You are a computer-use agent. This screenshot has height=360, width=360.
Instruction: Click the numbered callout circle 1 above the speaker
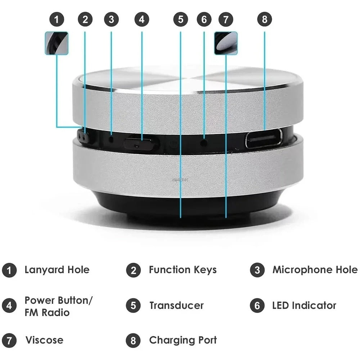(x=57, y=19)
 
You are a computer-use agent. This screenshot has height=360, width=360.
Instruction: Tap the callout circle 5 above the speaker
(x=180, y=19)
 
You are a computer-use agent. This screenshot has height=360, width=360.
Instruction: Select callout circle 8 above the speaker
(x=265, y=19)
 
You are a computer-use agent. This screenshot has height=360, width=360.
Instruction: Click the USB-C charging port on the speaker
(x=264, y=139)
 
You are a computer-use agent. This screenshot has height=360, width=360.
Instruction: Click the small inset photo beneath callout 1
(x=57, y=43)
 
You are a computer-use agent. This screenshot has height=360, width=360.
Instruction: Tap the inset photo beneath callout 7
(x=226, y=43)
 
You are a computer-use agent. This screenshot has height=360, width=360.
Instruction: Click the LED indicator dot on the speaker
(x=204, y=142)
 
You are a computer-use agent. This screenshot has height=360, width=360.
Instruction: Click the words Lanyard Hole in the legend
(x=57, y=270)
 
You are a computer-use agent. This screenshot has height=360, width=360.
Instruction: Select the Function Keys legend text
(x=183, y=270)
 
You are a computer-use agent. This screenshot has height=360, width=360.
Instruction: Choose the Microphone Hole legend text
(x=315, y=270)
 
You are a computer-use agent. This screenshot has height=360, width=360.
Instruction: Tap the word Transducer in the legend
(x=176, y=306)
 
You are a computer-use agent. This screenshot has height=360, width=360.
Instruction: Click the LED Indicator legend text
(x=304, y=306)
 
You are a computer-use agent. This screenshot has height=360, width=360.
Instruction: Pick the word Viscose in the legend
(x=44, y=340)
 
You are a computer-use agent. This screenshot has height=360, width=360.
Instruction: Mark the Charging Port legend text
(x=183, y=340)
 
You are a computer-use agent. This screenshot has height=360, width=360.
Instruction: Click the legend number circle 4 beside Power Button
(x=9, y=306)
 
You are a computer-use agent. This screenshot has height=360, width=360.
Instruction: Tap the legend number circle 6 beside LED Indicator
(x=257, y=306)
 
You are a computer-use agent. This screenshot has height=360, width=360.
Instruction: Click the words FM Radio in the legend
(x=47, y=312)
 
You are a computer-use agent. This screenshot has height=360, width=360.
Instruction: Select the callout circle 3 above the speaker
(x=111, y=19)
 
